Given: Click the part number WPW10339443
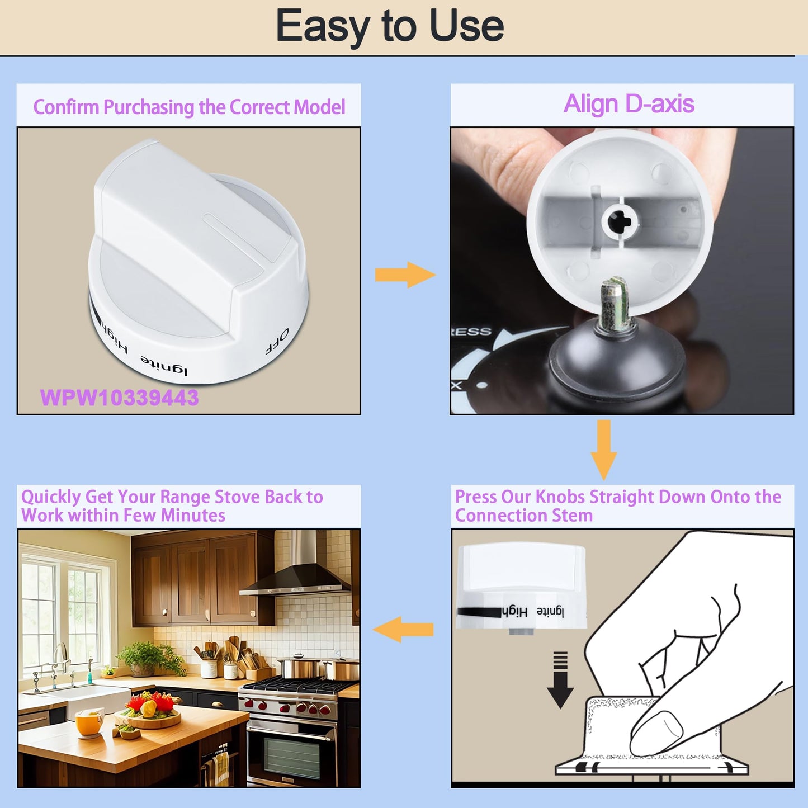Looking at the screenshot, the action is [119, 398].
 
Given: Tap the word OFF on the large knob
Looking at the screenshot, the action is [277, 341].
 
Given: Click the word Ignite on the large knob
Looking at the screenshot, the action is [164, 365].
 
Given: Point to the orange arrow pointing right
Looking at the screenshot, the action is [405, 275].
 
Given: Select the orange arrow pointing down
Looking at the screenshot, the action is [603, 450].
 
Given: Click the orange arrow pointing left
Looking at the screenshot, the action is [403, 629].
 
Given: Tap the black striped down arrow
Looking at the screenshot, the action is [560, 680].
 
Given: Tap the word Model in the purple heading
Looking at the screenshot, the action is [319, 107].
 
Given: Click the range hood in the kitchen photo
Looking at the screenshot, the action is [296, 566].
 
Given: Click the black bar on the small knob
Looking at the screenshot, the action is [479, 612].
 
